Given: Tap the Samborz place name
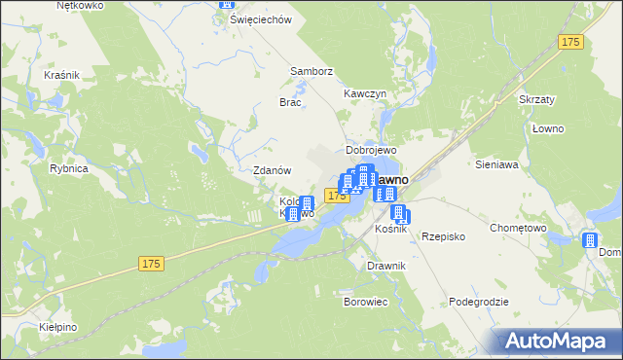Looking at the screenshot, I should point(311,71).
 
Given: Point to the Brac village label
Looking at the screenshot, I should point(290,102).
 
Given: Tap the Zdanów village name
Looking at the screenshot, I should point(273,169).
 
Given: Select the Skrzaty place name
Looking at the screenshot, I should point(536,101).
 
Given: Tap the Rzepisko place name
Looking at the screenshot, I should point(444,236).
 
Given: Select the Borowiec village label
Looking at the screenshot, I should point(366,302).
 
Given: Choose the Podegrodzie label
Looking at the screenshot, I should point(479,302).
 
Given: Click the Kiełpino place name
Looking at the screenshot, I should point(59,328).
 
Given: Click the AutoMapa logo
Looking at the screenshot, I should point(557,341).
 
